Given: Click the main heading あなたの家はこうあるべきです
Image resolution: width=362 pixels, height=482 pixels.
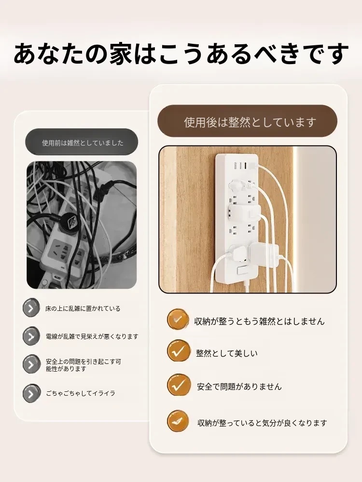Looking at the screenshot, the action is pyautogui.click(x=181, y=54).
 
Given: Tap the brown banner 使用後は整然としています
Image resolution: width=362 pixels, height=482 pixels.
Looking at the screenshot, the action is pyautogui.click(x=247, y=121).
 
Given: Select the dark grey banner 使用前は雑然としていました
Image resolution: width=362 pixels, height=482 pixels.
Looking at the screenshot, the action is pyautogui.click(x=82, y=142).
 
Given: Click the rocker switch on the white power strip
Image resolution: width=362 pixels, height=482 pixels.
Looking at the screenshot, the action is pyautogui.click(x=242, y=271).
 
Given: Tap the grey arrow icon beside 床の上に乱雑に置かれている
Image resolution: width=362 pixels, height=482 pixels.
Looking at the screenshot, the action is pyautogui.click(x=31, y=308).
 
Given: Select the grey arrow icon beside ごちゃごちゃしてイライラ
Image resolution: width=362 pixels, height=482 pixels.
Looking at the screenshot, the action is pyautogui.click(x=31, y=393).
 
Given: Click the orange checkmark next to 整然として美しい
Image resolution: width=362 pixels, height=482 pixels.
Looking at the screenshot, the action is pyautogui.click(x=178, y=351).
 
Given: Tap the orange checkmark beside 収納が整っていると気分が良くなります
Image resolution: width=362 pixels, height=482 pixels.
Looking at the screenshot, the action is pyautogui.click(x=178, y=421).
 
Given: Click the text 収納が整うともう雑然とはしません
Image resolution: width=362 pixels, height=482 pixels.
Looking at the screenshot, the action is pyautogui.click(x=259, y=321).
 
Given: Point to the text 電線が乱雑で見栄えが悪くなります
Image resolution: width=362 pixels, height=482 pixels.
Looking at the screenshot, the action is pyautogui.click(x=92, y=336).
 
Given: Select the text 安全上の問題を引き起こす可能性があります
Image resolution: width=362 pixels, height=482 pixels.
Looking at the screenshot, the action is pyautogui.click(x=84, y=365).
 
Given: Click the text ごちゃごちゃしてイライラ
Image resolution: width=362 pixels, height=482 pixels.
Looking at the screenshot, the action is pyautogui.click(x=81, y=393).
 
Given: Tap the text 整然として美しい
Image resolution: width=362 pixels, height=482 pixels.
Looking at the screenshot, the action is pyautogui.click(x=227, y=353).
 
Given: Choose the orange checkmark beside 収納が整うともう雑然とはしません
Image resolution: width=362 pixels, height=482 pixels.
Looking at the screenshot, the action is pyautogui.click(x=178, y=320).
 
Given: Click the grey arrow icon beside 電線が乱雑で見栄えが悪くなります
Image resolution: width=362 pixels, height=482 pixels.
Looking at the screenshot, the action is pyautogui.click(x=31, y=336).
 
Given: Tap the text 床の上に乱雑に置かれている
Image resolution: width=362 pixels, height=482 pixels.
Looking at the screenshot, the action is pyautogui.click(x=83, y=308).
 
